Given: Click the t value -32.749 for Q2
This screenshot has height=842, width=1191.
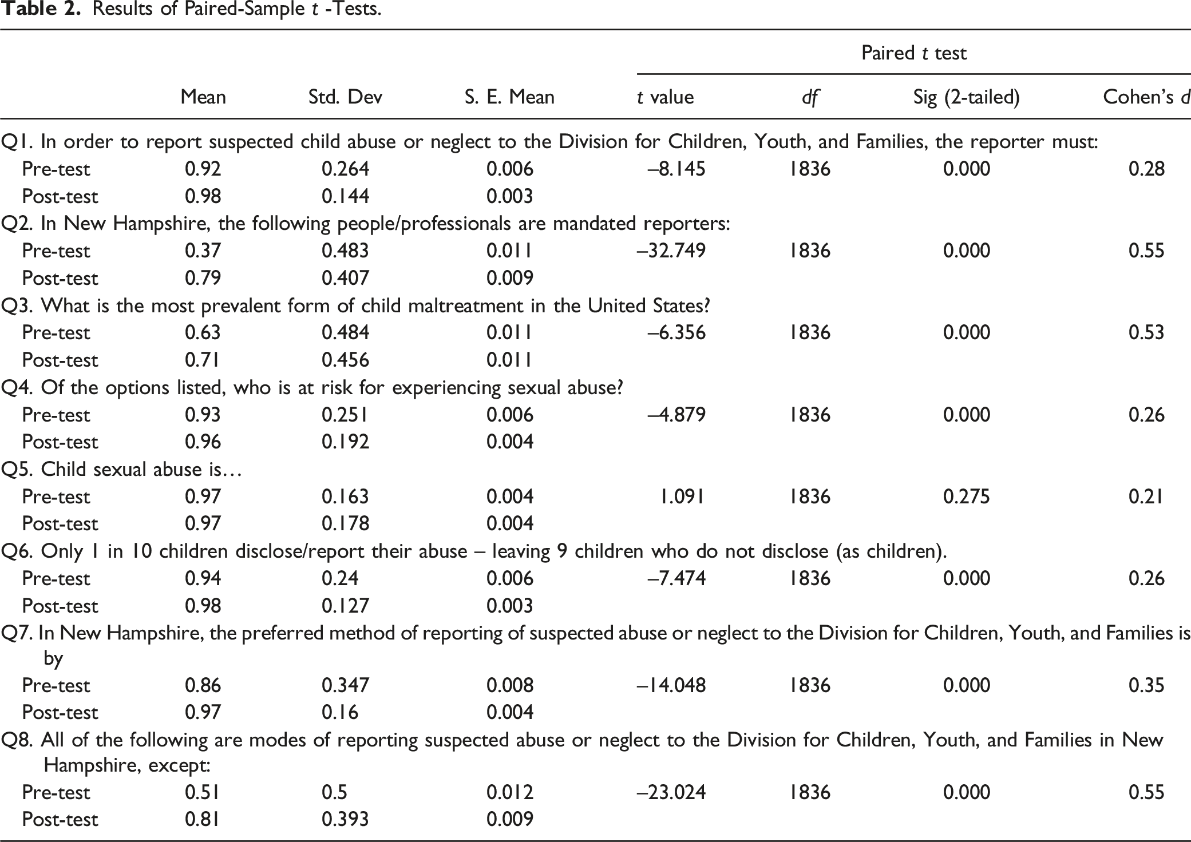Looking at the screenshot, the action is tap(671, 251).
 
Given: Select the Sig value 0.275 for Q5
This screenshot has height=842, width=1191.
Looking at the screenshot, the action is tap(967, 496).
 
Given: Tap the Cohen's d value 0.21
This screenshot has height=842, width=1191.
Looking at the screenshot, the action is tap(1146, 496).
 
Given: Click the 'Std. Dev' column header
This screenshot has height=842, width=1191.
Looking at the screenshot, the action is tap(345, 97).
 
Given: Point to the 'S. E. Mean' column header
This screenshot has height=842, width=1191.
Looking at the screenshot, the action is tap(509, 97).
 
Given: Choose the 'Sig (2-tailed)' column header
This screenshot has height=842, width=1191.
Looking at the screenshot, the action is tap(967, 97).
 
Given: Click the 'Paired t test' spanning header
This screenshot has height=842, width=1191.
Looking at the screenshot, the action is tap(914, 53).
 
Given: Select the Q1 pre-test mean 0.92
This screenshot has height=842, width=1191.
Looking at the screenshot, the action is tap(203, 169).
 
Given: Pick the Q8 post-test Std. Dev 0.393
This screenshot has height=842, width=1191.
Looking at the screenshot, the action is tap(345, 819).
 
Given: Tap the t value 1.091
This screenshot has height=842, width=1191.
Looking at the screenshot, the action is tap(682, 496).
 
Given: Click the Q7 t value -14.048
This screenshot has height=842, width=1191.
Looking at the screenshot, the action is tap(671, 685).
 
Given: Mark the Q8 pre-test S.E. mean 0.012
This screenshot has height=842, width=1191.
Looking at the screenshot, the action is tap(510, 792).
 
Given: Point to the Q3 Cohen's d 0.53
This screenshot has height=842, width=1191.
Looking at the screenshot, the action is tap(1146, 332).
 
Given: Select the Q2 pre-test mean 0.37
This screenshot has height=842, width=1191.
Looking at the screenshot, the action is tap(203, 251).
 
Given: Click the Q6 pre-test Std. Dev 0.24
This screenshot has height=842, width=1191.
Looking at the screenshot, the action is tap(340, 578).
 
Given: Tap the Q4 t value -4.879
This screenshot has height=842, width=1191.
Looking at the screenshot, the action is tap(676, 414).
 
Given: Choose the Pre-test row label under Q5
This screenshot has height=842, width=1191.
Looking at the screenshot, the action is tap(56, 496).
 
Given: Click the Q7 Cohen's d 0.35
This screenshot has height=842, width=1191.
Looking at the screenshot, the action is tap(1146, 685).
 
